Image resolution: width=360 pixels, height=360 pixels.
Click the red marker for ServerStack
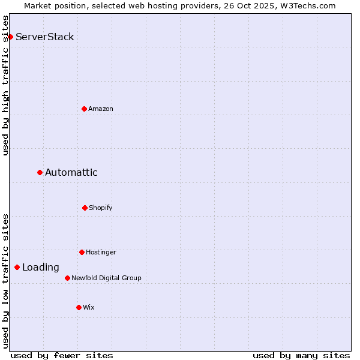(10, 37)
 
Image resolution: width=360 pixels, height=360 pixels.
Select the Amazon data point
(84, 109)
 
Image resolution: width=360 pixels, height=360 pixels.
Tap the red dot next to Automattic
(40, 172)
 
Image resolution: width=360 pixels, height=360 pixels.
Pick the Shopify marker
(85, 208)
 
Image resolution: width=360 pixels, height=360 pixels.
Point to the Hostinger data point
(82, 252)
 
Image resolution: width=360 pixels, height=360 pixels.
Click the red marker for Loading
(17, 267)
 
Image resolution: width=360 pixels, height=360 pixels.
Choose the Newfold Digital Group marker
(67, 278)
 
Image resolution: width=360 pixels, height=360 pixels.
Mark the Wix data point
(79, 307)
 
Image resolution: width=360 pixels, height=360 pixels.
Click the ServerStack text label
(45, 37)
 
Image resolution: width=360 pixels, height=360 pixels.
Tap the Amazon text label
(101, 109)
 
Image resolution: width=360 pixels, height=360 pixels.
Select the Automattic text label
(71, 173)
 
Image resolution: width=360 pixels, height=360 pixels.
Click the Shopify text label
(101, 208)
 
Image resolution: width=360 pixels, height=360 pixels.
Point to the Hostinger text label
(101, 252)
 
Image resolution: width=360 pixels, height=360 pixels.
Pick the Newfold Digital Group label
(106, 278)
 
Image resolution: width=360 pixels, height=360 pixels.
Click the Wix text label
(89, 307)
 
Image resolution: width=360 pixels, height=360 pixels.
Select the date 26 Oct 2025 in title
(252, 5)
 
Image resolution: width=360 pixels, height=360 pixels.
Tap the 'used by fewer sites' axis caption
(62, 355)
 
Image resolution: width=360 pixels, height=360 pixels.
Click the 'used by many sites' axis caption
(301, 355)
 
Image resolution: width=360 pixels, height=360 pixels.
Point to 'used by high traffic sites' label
(5, 85)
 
